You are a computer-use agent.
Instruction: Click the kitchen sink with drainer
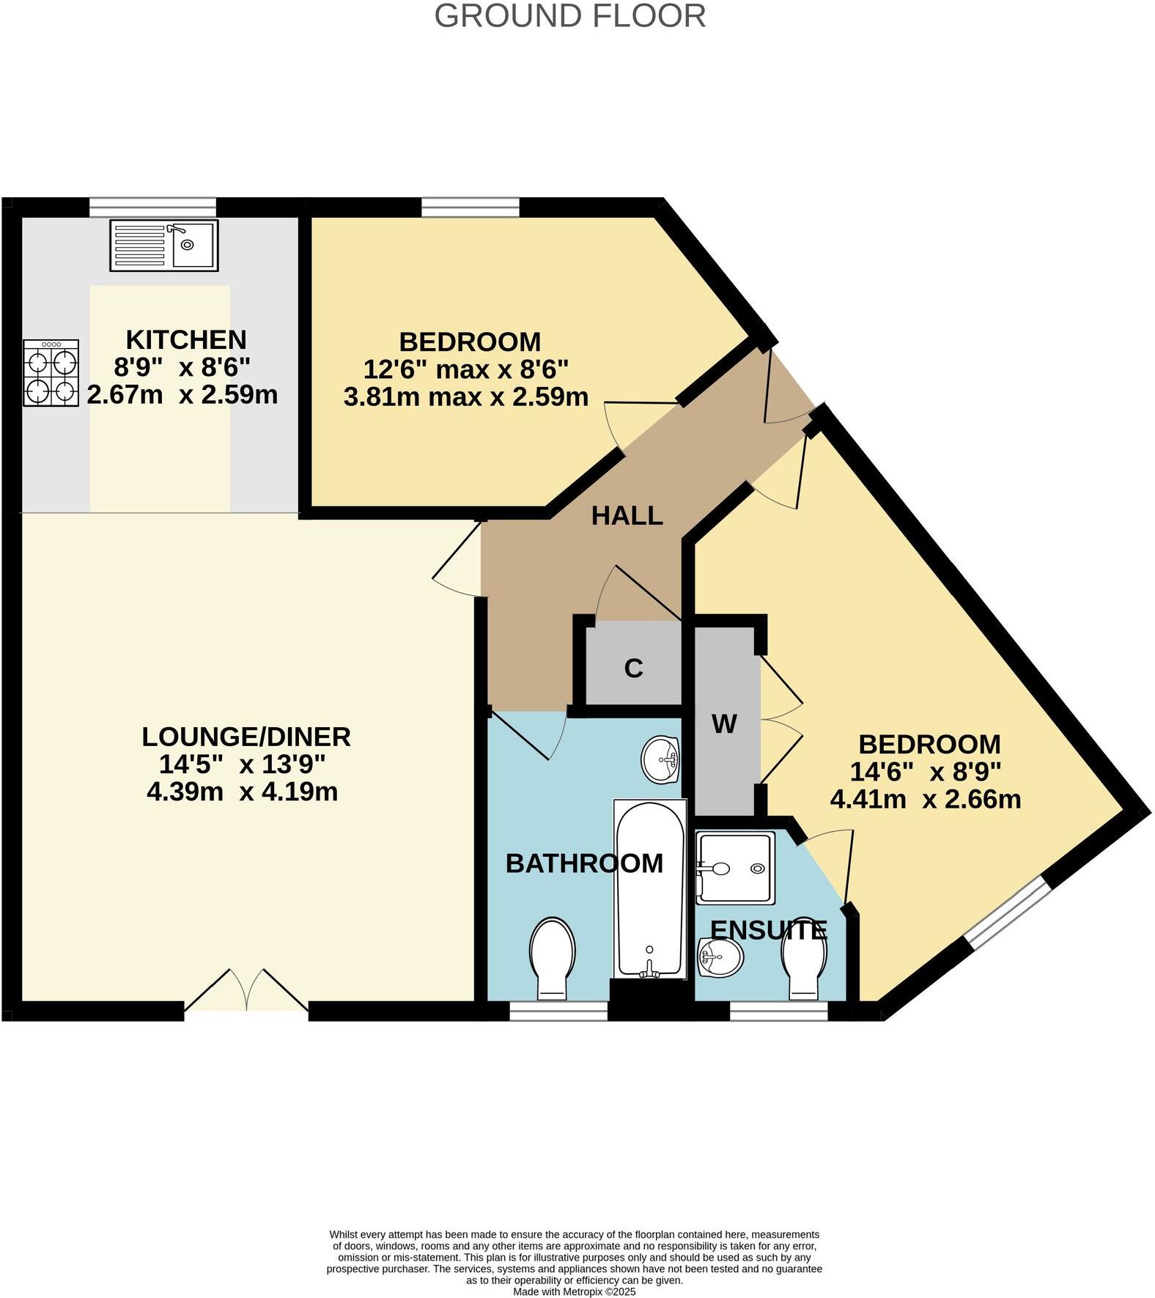click(163, 245)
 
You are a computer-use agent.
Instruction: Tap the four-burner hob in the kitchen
click(51, 372)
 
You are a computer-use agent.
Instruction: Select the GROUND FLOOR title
click(569, 16)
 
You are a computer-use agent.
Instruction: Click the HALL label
click(627, 516)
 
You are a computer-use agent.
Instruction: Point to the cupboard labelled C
click(633, 668)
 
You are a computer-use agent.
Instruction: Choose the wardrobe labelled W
click(724, 724)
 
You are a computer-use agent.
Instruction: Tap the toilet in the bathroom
click(552, 956)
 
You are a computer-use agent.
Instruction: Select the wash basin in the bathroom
click(660, 759)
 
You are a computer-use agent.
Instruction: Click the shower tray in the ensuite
click(734, 868)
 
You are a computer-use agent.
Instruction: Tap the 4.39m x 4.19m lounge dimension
click(242, 792)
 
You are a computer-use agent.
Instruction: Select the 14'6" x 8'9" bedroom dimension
click(925, 772)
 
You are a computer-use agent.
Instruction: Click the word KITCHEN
click(186, 340)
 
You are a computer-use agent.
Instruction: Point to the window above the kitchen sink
click(152, 207)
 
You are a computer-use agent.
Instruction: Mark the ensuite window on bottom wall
click(778, 1012)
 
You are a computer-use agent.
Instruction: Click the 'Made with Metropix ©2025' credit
click(574, 1291)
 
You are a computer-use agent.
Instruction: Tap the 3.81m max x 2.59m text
click(465, 397)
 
